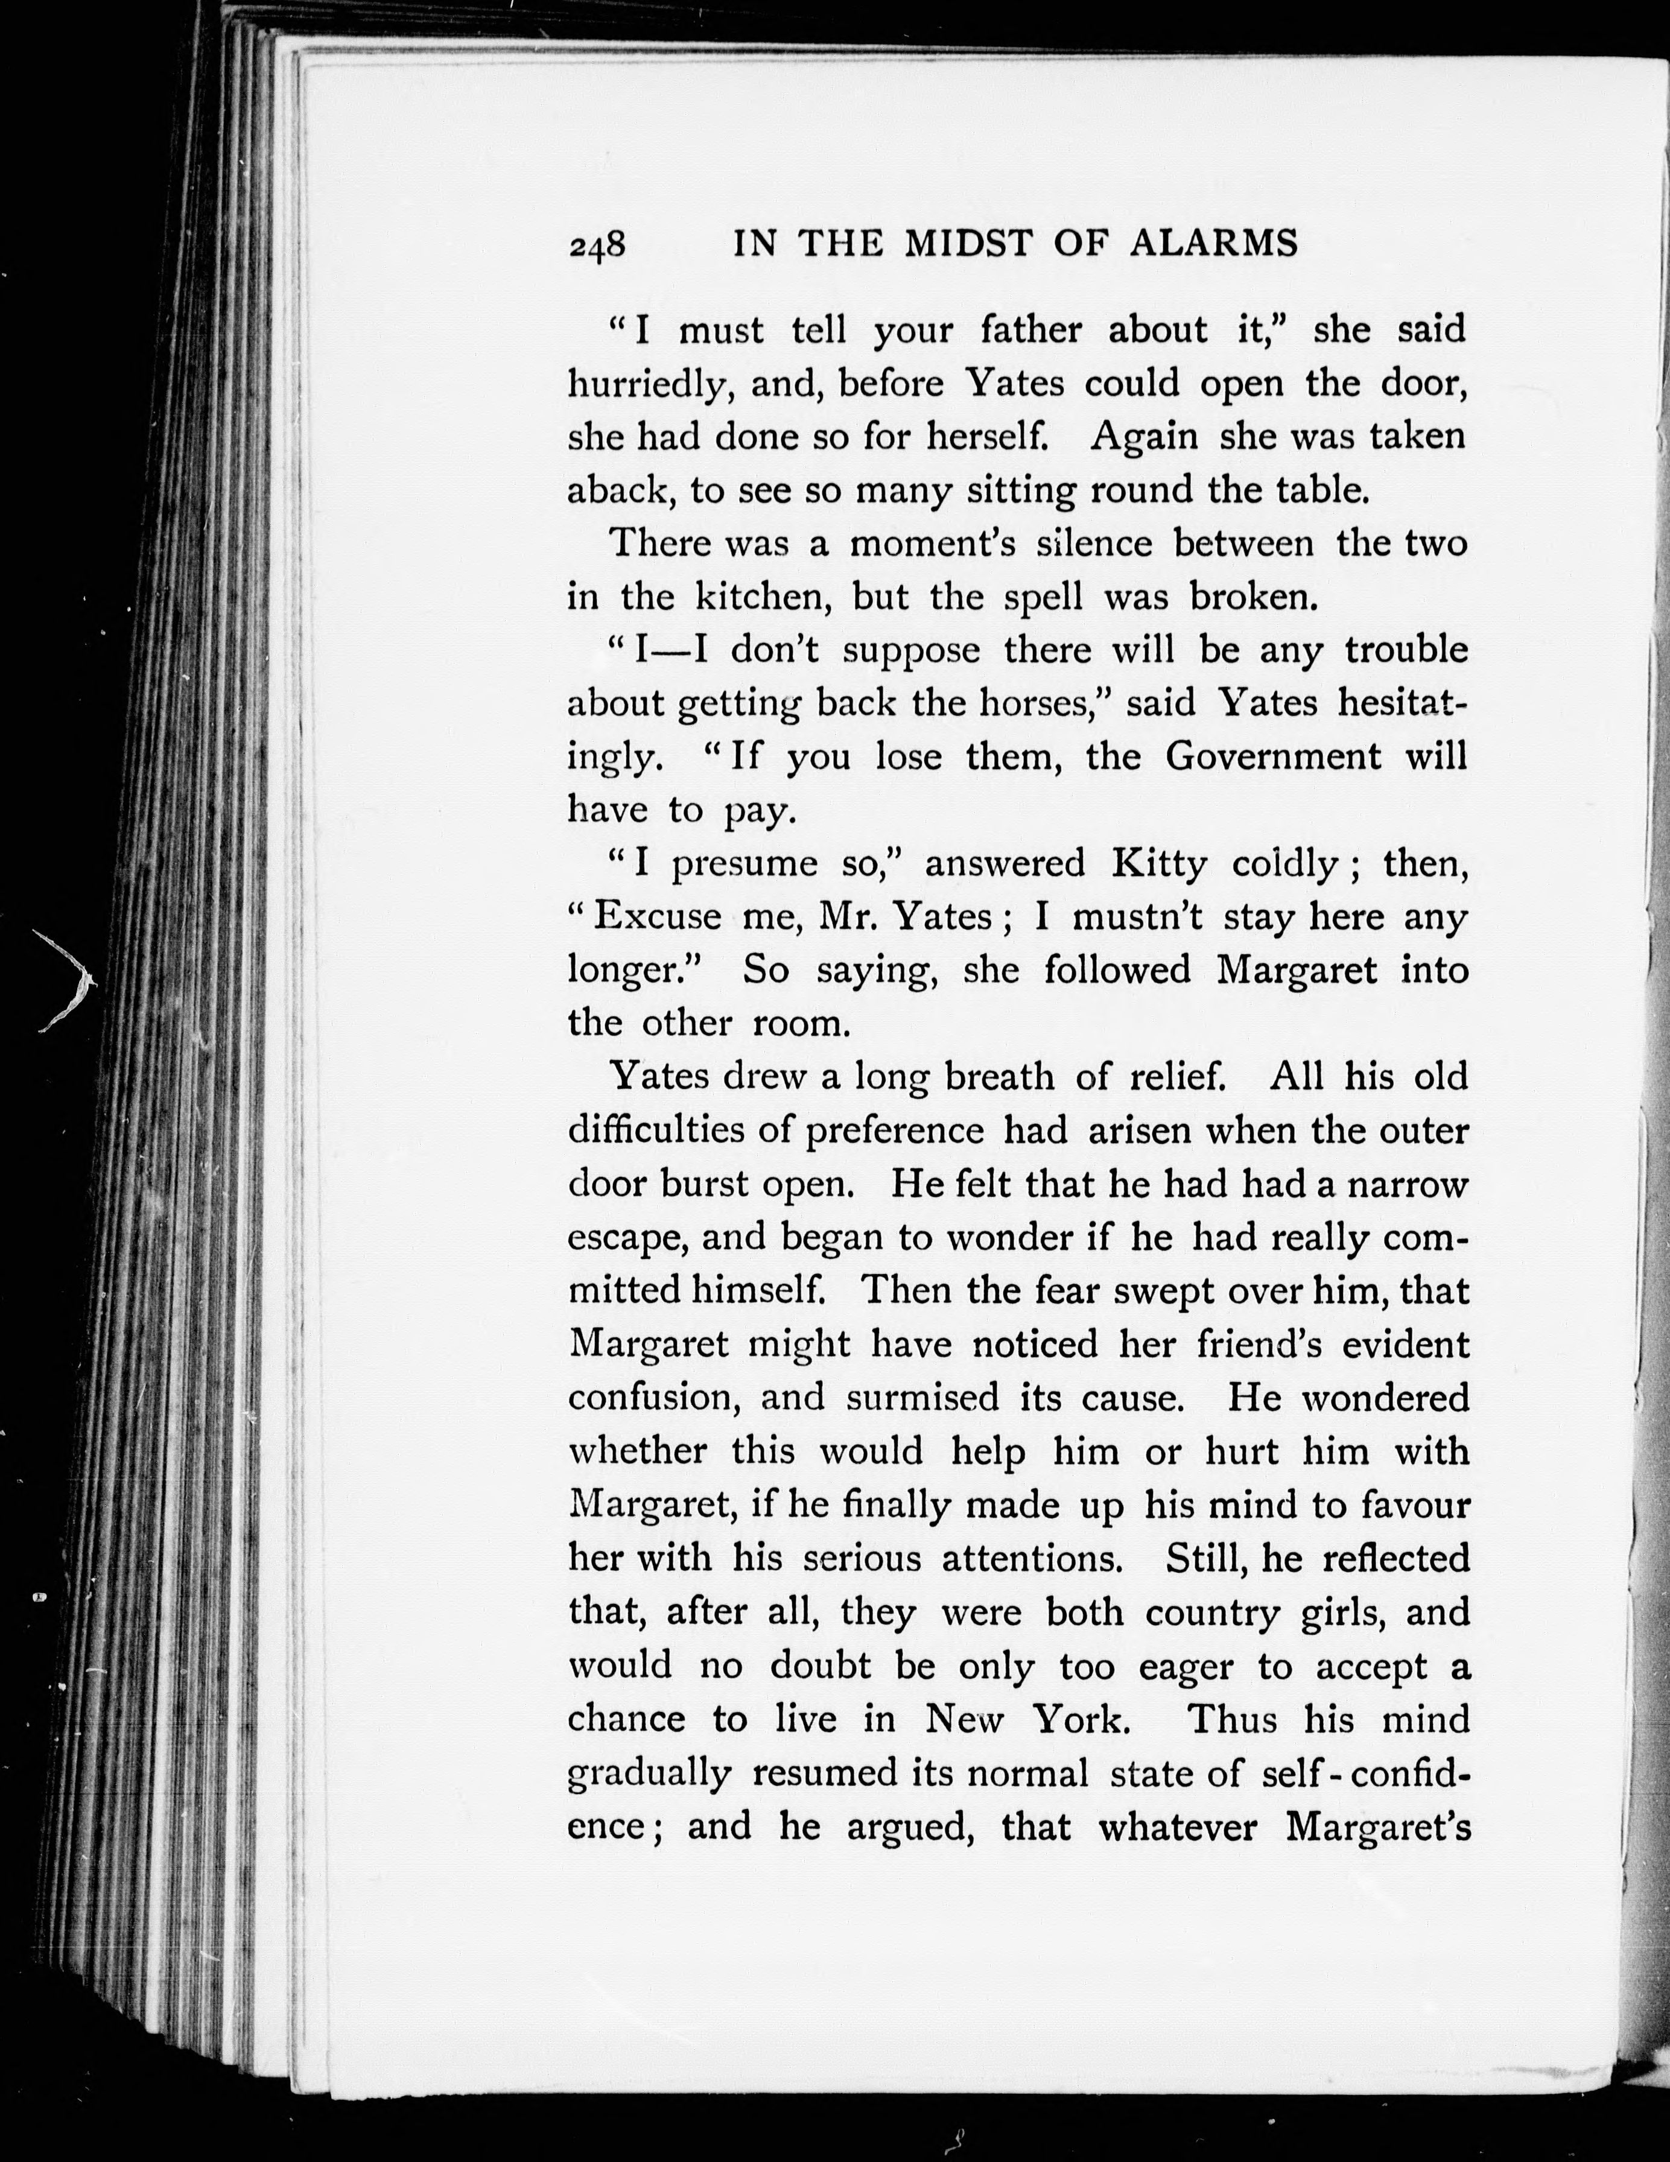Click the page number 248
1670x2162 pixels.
tap(597, 244)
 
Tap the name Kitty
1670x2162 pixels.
tap(1158, 864)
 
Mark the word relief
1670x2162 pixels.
tap(1175, 1077)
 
